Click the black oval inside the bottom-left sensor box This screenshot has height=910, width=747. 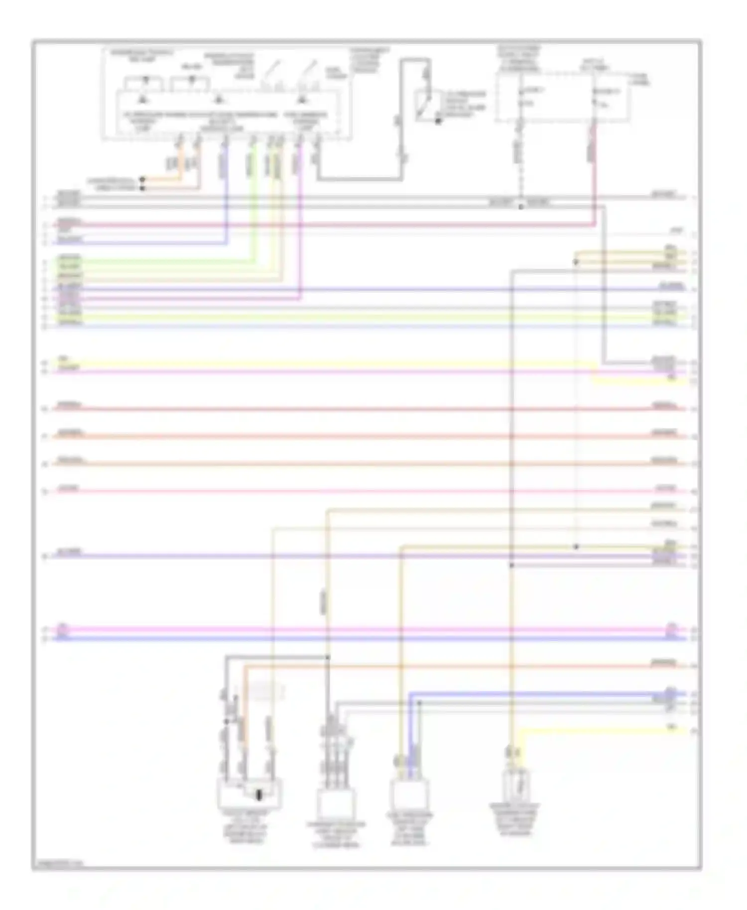(x=259, y=795)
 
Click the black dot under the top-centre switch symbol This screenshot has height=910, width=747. (x=438, y=121)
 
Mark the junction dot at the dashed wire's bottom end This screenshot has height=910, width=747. (x=520, y=207)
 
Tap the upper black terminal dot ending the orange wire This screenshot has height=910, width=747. (x=142, y=179)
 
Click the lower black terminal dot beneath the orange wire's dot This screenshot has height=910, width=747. (x=142, y=188)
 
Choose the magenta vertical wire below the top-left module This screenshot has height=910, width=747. (x=300, y=224)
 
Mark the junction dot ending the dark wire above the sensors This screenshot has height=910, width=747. (x=328, y=658)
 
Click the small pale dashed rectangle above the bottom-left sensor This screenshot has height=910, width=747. (x=266, y=691)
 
